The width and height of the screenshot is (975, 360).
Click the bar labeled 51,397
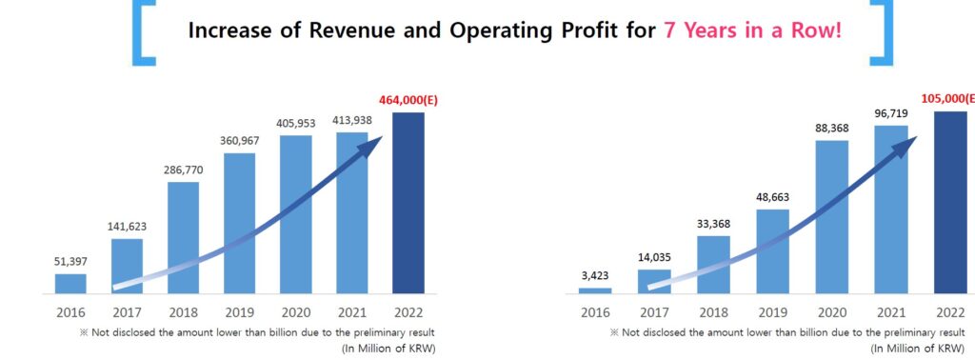pyautogui.click(x=70, y=284)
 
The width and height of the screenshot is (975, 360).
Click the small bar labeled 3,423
pyautogui.click(x=595, y=290)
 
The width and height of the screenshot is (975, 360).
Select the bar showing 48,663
pyautogui.click(x=772, y=250)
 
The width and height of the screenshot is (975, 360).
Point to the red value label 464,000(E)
pyautogui.click(x=408, y=99)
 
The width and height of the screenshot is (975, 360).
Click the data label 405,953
pyautogui.click(x=295, y=123)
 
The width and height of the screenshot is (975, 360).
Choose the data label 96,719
pyautogui.click(x=892, y=113)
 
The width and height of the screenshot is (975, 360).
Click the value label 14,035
pyautogui.click(x=653, y=257)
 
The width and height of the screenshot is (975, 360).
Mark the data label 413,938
pyautogui.click(x=351, y=120)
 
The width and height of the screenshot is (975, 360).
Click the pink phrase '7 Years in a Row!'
pyautogui.click(x=752, y=30)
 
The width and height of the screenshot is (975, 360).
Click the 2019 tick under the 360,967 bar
pyautogui.click(x=239, y=311)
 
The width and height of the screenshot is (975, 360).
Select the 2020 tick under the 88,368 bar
pyautogui.click(x=832, y=311)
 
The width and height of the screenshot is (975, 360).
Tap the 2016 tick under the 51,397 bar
pyautogui.click(x=70, y=311)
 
